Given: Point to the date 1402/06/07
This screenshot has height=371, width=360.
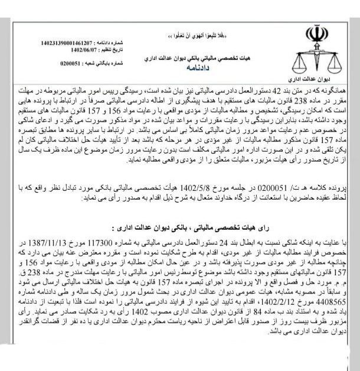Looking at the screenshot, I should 77,50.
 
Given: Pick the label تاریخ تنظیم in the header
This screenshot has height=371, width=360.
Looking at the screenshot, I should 107,50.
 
